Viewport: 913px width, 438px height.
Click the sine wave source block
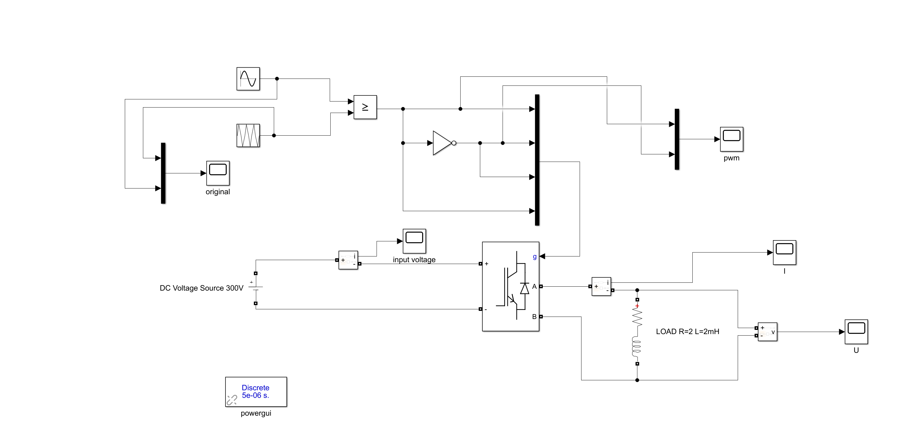click(x=248, y=79)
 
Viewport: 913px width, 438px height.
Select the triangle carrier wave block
click(x=248, y=135)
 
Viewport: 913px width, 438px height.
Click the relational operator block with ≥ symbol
click(x=365, y=107)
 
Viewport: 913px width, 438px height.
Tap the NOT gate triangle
click(x=442, y=143)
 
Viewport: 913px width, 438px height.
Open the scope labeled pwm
click(x=732, y=139)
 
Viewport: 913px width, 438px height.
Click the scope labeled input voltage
click(x=414, y=241)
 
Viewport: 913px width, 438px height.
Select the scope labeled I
click(x=784, y=253)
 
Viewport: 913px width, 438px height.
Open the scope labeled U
click(x=856, y=332)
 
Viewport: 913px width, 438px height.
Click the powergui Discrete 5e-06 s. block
click(x=256, y=391)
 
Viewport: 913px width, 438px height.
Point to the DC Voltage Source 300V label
click(x=201, y=288)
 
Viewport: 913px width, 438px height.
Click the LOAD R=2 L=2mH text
click(x=687, y=332)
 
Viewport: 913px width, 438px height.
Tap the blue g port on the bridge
click(x=535, y=256)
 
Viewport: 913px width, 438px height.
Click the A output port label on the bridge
click(x=534, y=286)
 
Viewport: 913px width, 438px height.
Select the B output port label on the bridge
click(x=534, y=317)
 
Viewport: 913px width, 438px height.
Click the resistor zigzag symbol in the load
click(x=637, y=317)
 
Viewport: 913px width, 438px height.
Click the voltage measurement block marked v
click(x=767, y=332)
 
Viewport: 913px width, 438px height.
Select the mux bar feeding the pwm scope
click(x=677, y=139)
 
